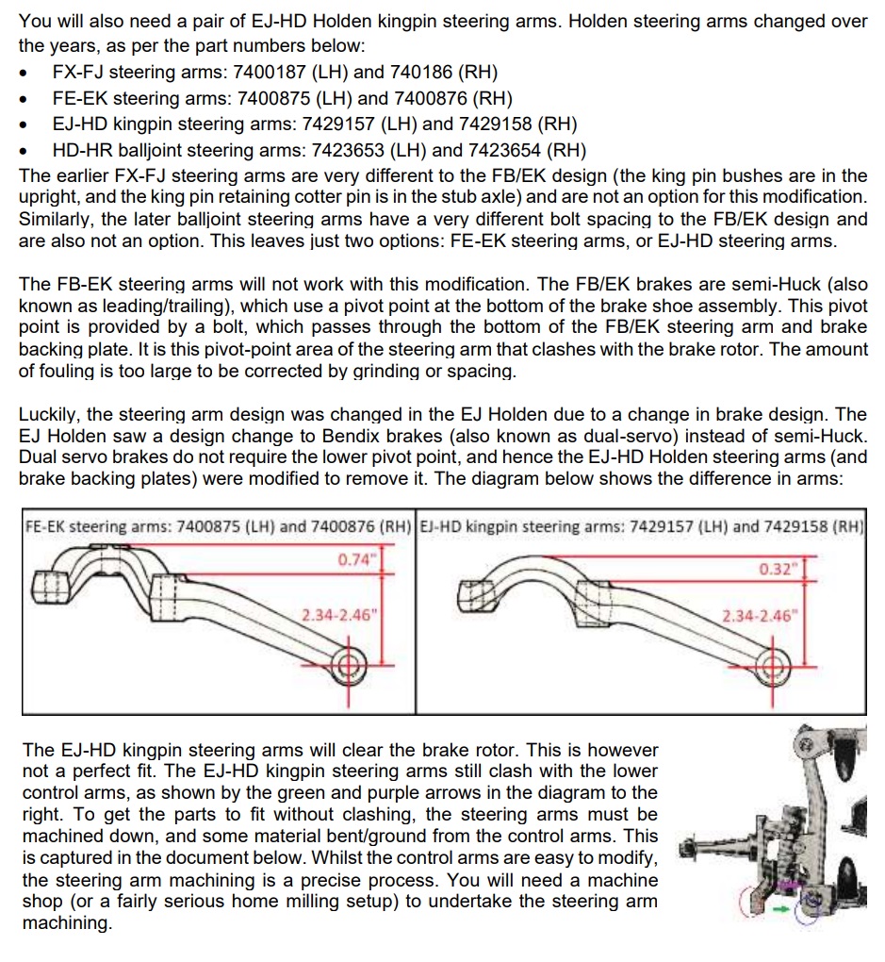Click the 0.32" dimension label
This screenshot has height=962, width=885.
[777, 570]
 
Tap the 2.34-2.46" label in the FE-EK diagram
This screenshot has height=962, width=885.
[339, 616]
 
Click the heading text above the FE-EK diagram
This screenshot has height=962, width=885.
[217, 526]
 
